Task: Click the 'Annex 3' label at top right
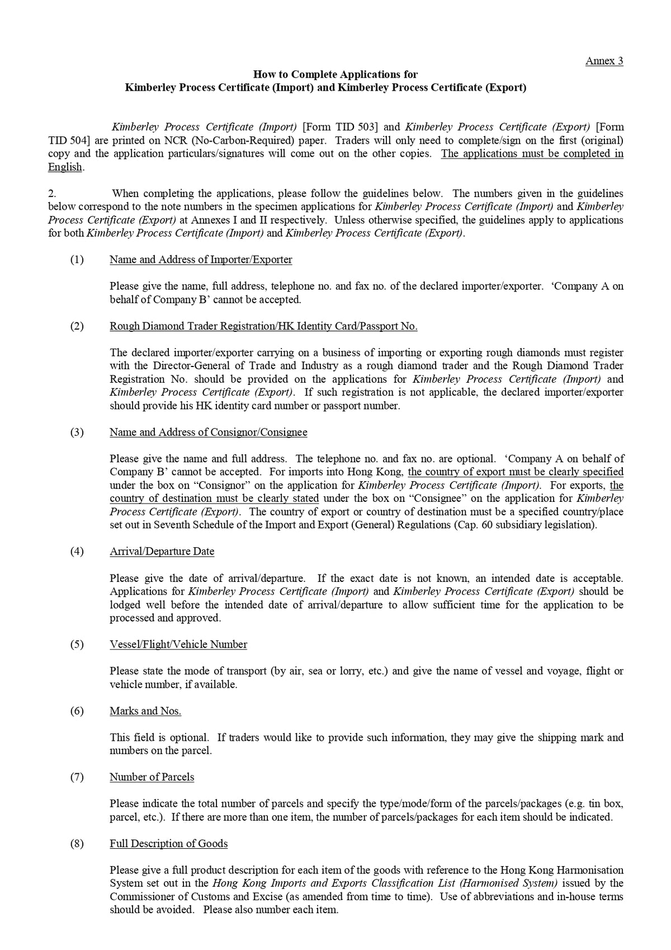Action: point(604,61)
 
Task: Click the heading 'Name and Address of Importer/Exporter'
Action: point(201,260)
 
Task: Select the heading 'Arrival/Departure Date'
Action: point(162,552)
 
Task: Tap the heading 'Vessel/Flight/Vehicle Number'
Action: point(178,645)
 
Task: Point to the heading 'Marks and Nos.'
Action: point(145,711)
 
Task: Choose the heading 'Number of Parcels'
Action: point(152,777)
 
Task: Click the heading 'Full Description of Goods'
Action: point(168,844)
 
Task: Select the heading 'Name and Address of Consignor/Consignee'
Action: point(208,432)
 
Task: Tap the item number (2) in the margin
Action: point(77,326)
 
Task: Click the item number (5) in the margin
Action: point(77,645)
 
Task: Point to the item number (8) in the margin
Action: point(77,844)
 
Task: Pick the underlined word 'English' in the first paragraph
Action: point(65,167)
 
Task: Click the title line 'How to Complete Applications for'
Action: point(335,74)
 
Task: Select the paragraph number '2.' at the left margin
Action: point(52,194)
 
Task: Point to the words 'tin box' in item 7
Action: point(606,804)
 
